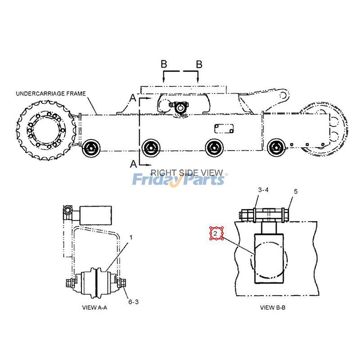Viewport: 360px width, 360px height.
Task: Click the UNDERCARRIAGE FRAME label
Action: tap(50, 94)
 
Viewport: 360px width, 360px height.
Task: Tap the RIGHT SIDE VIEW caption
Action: tap(186, 172)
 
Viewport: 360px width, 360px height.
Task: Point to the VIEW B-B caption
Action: tap(273, 308)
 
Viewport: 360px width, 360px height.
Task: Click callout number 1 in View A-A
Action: tap(131, 237)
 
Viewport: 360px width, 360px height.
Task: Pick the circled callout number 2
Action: tap(216, 234)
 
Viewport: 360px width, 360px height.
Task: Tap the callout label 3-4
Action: tap(264, 190)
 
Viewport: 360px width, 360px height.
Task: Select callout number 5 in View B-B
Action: tap(295, 191)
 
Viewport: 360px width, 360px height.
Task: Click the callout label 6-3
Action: tap(133, 302)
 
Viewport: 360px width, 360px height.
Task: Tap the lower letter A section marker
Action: tap(133, 164)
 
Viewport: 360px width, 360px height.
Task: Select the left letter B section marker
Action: tap(164, 64)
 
